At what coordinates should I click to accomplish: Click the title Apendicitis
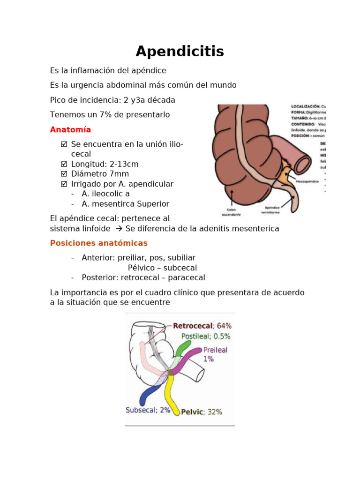180,51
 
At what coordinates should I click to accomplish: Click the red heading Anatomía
70,129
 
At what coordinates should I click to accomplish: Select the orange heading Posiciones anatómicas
98,243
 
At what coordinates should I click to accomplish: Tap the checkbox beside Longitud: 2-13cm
64,164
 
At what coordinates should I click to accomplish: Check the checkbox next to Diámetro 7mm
64,174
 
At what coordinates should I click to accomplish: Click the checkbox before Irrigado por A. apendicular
64,184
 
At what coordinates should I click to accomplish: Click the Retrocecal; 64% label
202,325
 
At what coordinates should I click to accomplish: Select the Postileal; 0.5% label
206,336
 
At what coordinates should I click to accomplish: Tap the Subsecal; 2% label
148,410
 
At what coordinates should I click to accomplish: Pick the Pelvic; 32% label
201,412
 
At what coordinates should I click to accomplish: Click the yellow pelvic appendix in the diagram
173,394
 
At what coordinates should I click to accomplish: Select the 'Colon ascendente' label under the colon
232,212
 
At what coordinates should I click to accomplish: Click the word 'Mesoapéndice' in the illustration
308,180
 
